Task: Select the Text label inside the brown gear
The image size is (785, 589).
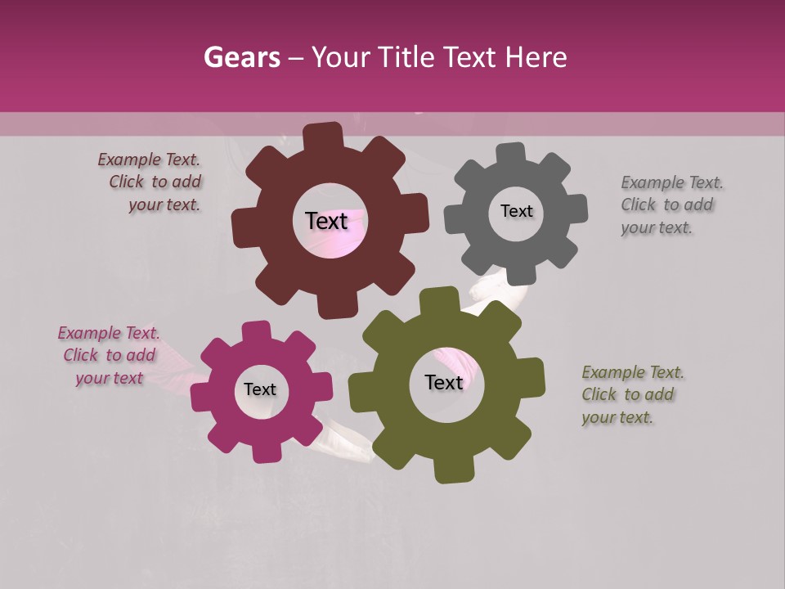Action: (x=327, y=221)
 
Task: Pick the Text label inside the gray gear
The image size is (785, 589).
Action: (x=516, y=211)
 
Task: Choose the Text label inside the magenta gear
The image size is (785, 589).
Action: (x=260, y=389)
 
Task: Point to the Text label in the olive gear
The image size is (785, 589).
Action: (x=444, y=382)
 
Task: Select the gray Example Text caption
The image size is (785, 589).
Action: (x=671, y=205)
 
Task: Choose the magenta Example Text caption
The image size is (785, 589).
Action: (x=109, y=355)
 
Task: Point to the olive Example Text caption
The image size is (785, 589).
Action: (x=632, y=394)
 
